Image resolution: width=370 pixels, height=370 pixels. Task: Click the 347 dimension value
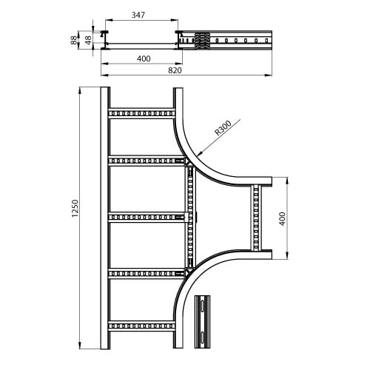pyautogui.click(x=138, y=15)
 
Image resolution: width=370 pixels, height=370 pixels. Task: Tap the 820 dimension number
pyautogui.click(x=175, y=70)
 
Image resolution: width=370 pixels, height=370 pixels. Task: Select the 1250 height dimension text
pyautogui.click(x=75, y=209)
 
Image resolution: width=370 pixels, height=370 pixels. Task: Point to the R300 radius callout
pyautogui.click(x=223, y=128)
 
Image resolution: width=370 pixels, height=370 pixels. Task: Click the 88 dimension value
pyautogui.click(x=73, y=40)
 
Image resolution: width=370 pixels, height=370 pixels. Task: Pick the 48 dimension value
pyautogui.click(x=88, y=40)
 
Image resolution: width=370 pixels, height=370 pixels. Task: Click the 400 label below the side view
pyautogui.click(x=144, y=58)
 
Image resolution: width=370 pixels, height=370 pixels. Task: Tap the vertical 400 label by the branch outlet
pyautogui.click(x=282, y=218)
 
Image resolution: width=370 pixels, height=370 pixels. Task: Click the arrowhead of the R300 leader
pyautogui.click(x=200, y=153)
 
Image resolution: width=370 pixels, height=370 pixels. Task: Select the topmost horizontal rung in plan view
pyautogui.click(x=141, y=113)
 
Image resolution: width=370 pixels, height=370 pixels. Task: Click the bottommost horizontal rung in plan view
pyautogui.click(x=141, y=326)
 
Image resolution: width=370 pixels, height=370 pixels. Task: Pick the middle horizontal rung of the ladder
pyautogui.click(x=147, y=218)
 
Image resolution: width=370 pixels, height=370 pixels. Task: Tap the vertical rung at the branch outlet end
pyautogui.click(x=256, y=218)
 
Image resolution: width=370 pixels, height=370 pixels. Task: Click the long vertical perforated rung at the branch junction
pyautogui.click(x=190, y=217)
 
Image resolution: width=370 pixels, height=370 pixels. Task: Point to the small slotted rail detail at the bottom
pyautogui.click(x=202, y=321)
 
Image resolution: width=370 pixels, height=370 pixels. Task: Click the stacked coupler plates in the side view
pyautogui.click(x=202, y=40)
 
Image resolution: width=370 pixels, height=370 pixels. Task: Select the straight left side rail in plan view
pyautogui.click(x=105, y=218)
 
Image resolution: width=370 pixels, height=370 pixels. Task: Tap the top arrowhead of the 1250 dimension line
pyautogui.click(x=80, y=91)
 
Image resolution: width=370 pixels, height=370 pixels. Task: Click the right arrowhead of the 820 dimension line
pyautogui.click(x=268, y=75)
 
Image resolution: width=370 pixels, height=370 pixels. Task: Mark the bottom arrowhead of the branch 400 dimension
pyautogui.click(x=287, y=255)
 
